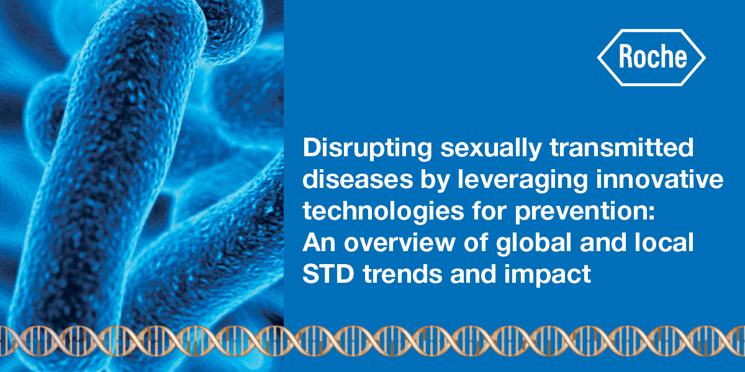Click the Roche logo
[651, 57]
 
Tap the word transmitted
[622, 151]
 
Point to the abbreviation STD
[326, 274]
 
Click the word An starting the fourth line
[318, 243]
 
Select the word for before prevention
[466, 212]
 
